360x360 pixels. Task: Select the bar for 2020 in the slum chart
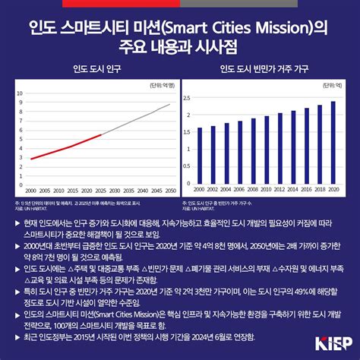[332, 143]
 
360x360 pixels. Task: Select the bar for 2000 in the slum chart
[200, 156]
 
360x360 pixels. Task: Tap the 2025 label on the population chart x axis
[100, 190]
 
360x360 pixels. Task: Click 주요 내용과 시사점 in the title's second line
[179, 45]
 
